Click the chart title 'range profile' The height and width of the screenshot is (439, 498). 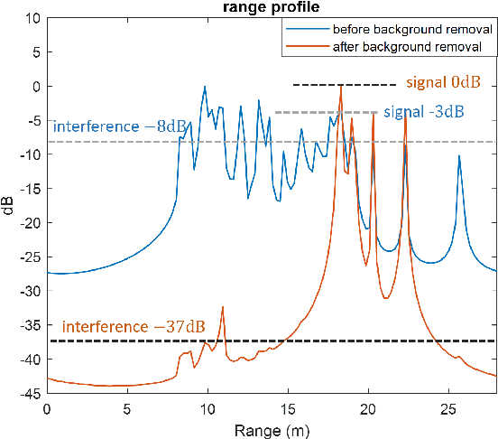[x=272, y=8]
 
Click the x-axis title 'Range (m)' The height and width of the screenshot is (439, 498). [x=272, y=429]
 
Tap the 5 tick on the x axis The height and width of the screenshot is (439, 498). [x=127, y=407]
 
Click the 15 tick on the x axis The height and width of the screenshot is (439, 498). [x=288, y=407]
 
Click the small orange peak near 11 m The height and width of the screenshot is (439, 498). [x=222, y=308]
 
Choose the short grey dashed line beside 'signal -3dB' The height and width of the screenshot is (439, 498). [x=325, y=112]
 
